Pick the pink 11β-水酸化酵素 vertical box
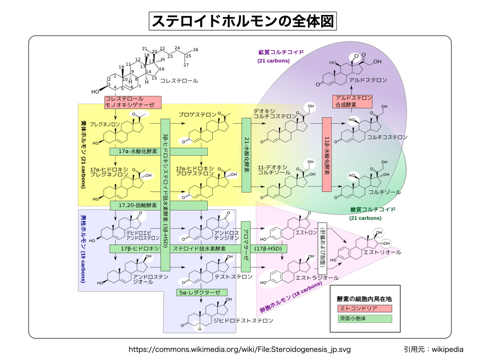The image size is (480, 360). pos(327,154)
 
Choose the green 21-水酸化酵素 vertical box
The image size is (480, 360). pos(247,155)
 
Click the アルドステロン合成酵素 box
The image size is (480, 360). pos(352,102)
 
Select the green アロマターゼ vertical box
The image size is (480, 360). pos(247,246)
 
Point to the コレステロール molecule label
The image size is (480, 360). pos(179,81)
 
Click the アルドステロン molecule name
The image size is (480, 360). pos(368,80)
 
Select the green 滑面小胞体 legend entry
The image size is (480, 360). pos(364,319)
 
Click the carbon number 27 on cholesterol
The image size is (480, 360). pos(186,65)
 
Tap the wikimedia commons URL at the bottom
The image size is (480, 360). pos(240,350)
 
